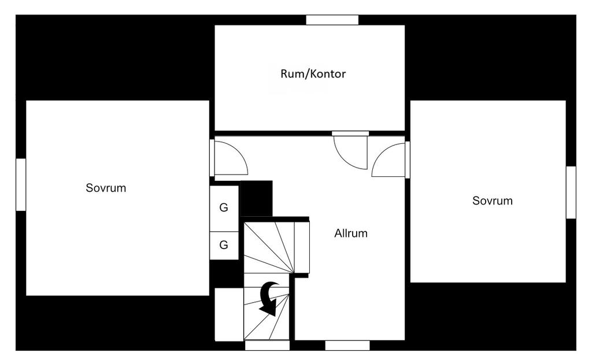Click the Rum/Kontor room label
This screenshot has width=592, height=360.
click(313, 74)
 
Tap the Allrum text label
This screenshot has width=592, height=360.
click(351, 233)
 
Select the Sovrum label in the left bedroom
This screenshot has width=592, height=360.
click(106, 188)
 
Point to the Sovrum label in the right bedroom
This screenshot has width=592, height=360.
click(493, 201)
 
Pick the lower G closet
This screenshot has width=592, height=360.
click(224, 245)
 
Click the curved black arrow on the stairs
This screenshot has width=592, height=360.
click(269, 297)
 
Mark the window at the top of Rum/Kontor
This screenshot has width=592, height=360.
click(332, 20)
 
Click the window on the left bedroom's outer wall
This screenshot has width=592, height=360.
click(20, 184)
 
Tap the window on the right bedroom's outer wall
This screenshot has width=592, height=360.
click(571, 192)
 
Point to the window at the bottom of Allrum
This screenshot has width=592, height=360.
click(347, 345)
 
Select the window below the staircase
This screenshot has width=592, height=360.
click(267, 345)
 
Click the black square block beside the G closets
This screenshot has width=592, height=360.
click(256, 198)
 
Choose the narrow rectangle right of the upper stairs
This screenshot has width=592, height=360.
click(302, 248)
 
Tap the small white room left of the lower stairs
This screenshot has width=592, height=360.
click(229, 314)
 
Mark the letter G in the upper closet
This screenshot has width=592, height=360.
click(224, 208)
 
